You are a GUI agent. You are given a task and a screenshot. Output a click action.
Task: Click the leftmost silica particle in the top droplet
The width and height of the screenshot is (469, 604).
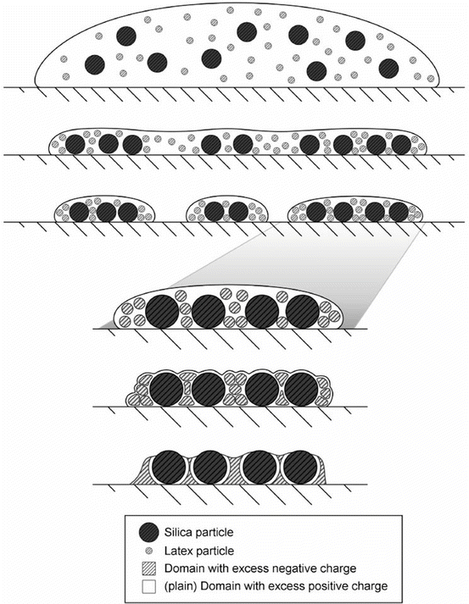coord(96,65)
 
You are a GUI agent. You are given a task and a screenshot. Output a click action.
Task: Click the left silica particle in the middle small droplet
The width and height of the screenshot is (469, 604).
coord(214,210)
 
